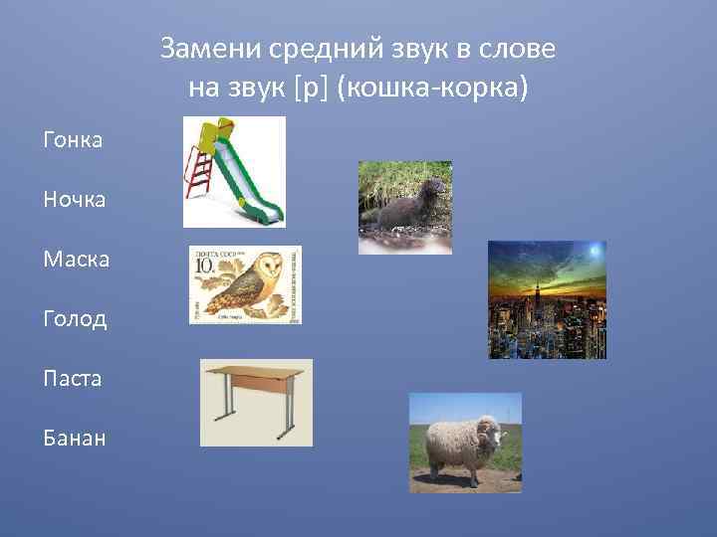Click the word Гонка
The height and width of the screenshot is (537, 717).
(73, 140)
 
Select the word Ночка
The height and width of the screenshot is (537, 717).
(73, 200)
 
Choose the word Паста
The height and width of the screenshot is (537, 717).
(72, 379)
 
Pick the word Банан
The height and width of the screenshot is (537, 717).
(73, 439)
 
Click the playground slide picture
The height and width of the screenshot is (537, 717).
(234, 171)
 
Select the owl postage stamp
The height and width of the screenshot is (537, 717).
(245, 284)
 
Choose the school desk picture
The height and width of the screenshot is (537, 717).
(256, 402)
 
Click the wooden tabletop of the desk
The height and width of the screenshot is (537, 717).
(256, 374)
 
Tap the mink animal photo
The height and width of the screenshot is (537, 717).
(404, 207)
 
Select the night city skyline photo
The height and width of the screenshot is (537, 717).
(547, 299)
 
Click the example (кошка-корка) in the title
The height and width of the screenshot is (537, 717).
(433, 89)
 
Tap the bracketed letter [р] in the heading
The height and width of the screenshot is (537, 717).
(311, 89)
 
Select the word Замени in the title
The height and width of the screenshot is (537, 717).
(205, 49)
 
